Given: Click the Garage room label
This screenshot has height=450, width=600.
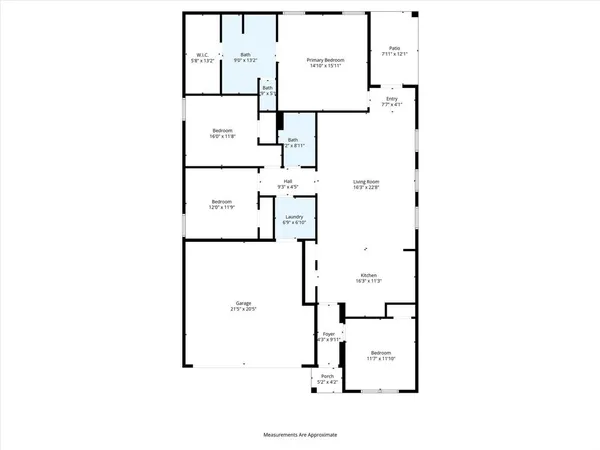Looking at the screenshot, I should (x=243, y=302).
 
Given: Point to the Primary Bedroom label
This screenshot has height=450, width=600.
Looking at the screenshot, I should (x=326, y=61).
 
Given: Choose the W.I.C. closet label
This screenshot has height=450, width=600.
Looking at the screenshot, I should (x=201, y=56).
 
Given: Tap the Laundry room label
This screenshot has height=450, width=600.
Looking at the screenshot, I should (x=294, y=216).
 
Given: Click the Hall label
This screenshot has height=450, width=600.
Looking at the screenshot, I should (x=288, y=181).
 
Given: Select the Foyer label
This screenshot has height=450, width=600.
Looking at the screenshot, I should (x=328, y=335).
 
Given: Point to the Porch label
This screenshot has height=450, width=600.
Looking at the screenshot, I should (x=327, y=376).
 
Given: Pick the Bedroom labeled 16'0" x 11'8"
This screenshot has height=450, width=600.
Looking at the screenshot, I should (x=223, y=129).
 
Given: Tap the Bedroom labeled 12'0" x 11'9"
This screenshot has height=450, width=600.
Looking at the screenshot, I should (x=221, y=201).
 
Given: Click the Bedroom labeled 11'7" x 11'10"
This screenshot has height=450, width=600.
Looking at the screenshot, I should (x=381, y=353).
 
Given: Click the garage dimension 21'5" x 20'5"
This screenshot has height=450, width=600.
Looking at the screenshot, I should (x=243, y=309).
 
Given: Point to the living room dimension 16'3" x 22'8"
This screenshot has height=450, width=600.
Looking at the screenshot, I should (x=366, y=187).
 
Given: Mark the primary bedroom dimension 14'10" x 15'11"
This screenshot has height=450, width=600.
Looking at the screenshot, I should (x=326, y=68).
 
